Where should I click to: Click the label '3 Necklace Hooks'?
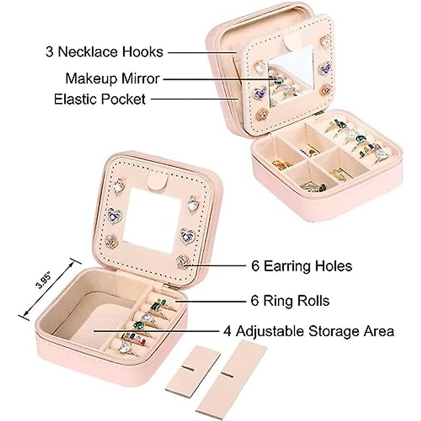pos(104,52)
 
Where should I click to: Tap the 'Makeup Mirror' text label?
pos(112,78)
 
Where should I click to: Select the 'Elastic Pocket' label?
pos(100,99)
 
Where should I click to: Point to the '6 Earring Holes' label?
pos(301,266)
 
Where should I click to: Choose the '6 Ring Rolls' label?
pos(290,301)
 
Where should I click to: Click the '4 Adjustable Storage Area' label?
pos(309,331)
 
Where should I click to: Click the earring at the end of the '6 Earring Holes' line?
pos(182,261)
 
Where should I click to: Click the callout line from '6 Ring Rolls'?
pos(210,301)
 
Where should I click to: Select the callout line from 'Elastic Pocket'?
pos(195,99)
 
